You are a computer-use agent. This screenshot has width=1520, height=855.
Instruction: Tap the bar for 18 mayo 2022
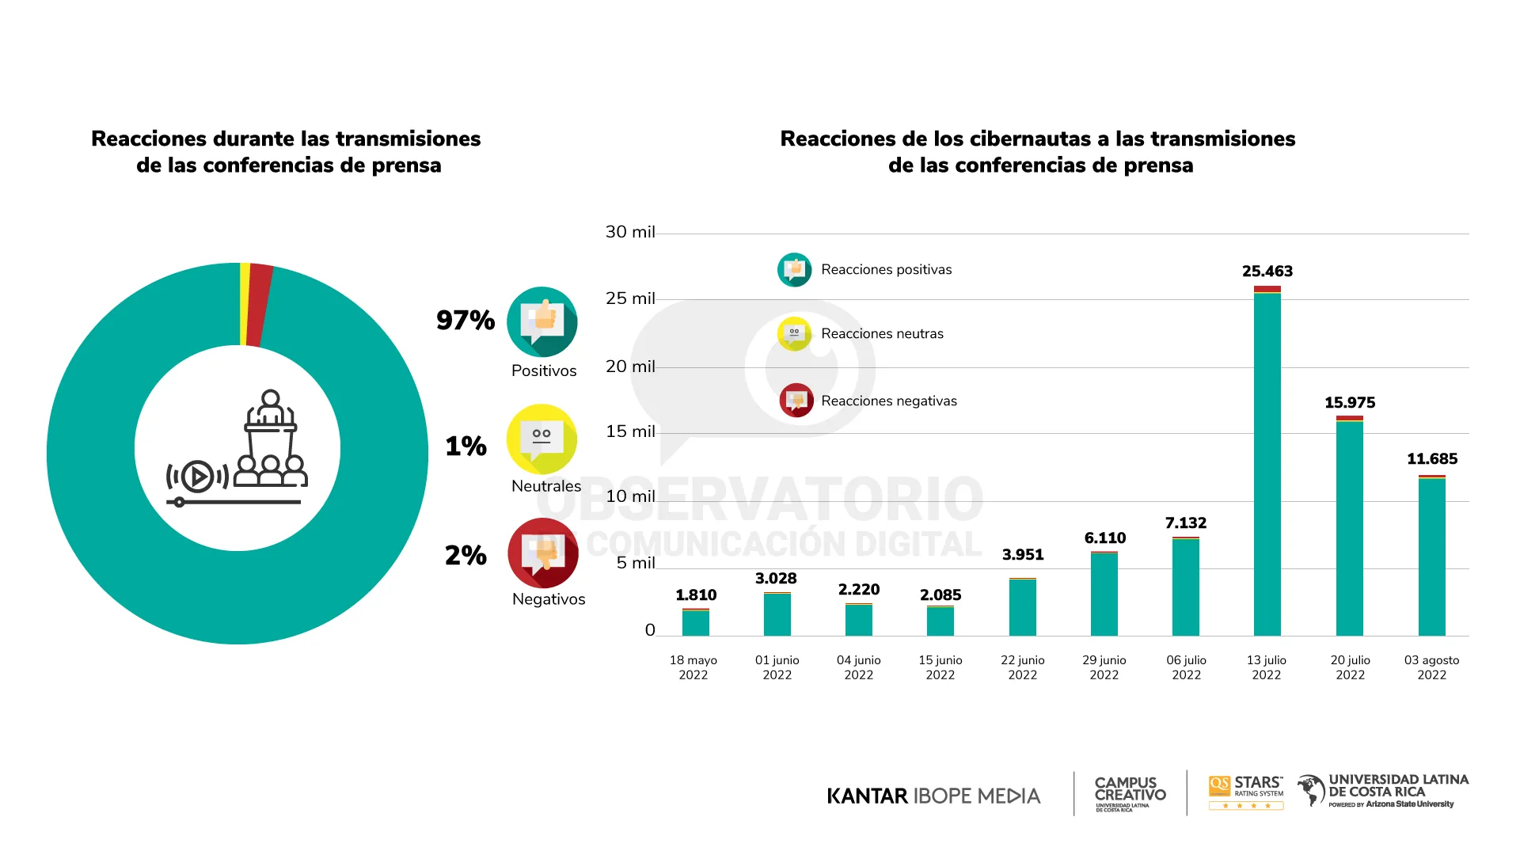[x=695, y=622]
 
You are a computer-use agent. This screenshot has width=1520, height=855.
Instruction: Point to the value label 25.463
[x=1267, y=272]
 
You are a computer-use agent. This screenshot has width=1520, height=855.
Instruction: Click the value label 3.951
[x=1022, y=555]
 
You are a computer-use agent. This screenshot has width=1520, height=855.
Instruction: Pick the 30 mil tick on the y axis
[x=630, y=232]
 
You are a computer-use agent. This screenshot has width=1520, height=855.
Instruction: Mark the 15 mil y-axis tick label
[x=630, y=431]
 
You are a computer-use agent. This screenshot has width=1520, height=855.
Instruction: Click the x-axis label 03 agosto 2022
[x=1431, y=667]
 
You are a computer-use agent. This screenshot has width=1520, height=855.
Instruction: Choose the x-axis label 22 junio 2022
[x=1022, y=667]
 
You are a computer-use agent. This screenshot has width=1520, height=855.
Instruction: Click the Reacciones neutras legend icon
[x=794, y=333]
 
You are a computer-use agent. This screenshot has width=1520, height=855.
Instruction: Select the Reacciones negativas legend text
[x=888, y=401]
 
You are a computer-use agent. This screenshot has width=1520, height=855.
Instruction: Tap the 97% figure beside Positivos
[x=465, y=321]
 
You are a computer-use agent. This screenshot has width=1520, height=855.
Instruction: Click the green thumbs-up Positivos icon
[x=542, y=321]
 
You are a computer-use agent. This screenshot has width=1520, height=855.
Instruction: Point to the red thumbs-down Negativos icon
[x=543, y=553]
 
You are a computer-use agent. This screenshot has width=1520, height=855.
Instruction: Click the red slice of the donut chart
[x=259, y=306]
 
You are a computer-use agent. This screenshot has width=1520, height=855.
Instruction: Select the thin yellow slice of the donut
[x=245, y=304]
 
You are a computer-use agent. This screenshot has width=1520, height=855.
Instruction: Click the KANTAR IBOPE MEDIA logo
[x=933, y=796]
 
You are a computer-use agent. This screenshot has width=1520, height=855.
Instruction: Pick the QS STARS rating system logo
[x=1246, y=792]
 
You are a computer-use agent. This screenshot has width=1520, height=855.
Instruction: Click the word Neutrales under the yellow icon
[x=546, y=486]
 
